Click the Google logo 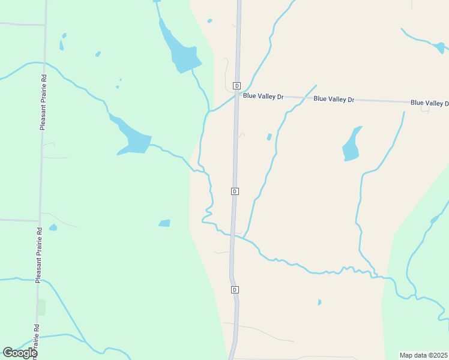(20, 353)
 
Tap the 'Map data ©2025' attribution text (424, 355)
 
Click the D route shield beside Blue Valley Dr (237, 86)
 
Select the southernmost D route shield (235, 290)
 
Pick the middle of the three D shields (235, 191)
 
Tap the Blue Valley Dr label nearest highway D (263, 96)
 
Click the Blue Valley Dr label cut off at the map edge (430, 103)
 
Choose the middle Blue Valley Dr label (333, 99)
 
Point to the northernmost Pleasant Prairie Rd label (43, 102)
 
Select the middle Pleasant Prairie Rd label (38, 255)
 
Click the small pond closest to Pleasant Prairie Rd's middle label (53, 227)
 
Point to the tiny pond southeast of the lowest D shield (319, 302)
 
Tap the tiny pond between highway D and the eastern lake (269, 137)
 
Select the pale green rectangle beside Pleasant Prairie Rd (41, 307)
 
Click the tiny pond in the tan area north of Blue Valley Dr (209, 21)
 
